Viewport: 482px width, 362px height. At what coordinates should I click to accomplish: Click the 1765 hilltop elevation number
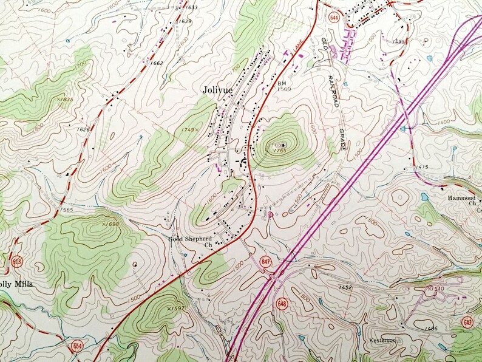click(280, 151)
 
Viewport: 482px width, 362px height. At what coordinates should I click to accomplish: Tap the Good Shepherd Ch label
click(191, 242)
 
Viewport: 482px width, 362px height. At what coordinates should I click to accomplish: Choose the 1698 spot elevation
click(111, 224)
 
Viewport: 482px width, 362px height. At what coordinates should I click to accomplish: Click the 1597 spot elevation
click(175, 309)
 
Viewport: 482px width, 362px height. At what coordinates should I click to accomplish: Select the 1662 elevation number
click(157, 63)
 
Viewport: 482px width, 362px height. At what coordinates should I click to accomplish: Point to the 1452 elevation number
click(347, 288)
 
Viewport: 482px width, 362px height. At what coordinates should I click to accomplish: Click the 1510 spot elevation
click(438, 289)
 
